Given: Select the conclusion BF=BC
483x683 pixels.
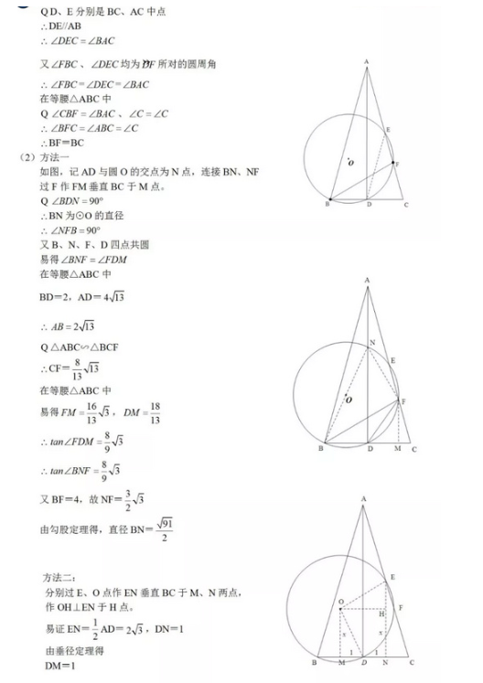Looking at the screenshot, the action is pos(59,144).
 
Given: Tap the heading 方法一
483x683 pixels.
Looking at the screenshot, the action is pos(59,157).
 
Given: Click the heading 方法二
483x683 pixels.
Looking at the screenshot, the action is pos(63,579).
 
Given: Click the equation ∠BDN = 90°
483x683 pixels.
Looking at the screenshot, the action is pos(79,201).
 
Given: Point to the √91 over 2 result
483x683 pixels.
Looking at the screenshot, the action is pos(166,529).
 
